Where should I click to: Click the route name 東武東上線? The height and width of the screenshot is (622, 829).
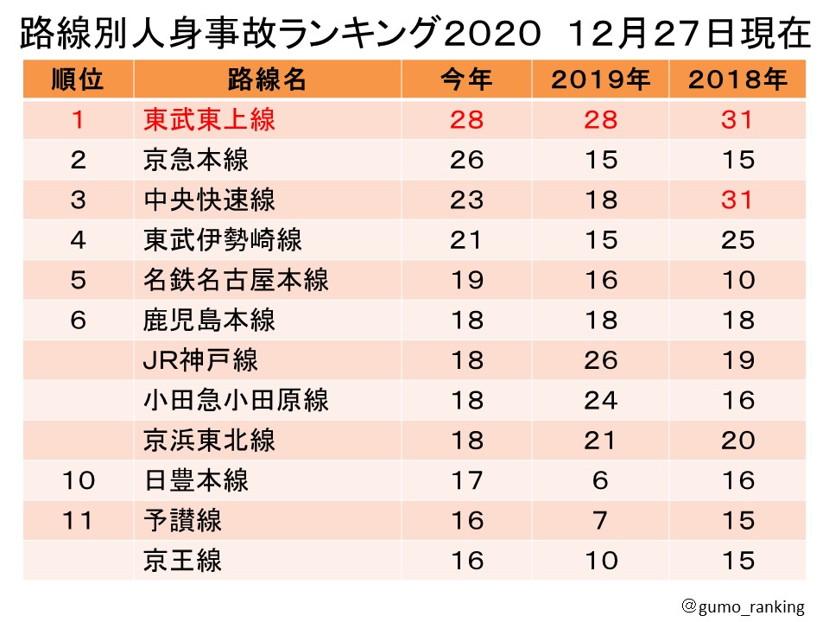click(209, 119)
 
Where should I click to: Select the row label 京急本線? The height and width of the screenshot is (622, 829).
click(196, 160)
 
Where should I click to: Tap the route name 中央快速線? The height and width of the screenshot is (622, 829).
click(209, 200)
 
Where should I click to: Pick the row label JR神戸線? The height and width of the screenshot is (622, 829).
click(200, 360)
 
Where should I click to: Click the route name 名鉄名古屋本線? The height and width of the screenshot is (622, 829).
click(236, 280)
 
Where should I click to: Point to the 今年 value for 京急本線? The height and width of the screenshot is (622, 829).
click(466, 160)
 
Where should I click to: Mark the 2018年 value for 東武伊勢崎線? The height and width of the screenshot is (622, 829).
click(738, 240)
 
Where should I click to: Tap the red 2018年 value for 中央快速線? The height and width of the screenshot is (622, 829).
click(738, 200)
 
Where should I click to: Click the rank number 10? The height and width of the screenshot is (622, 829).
click(78, 480)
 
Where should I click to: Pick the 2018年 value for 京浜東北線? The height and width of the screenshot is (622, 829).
click(738, 441)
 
